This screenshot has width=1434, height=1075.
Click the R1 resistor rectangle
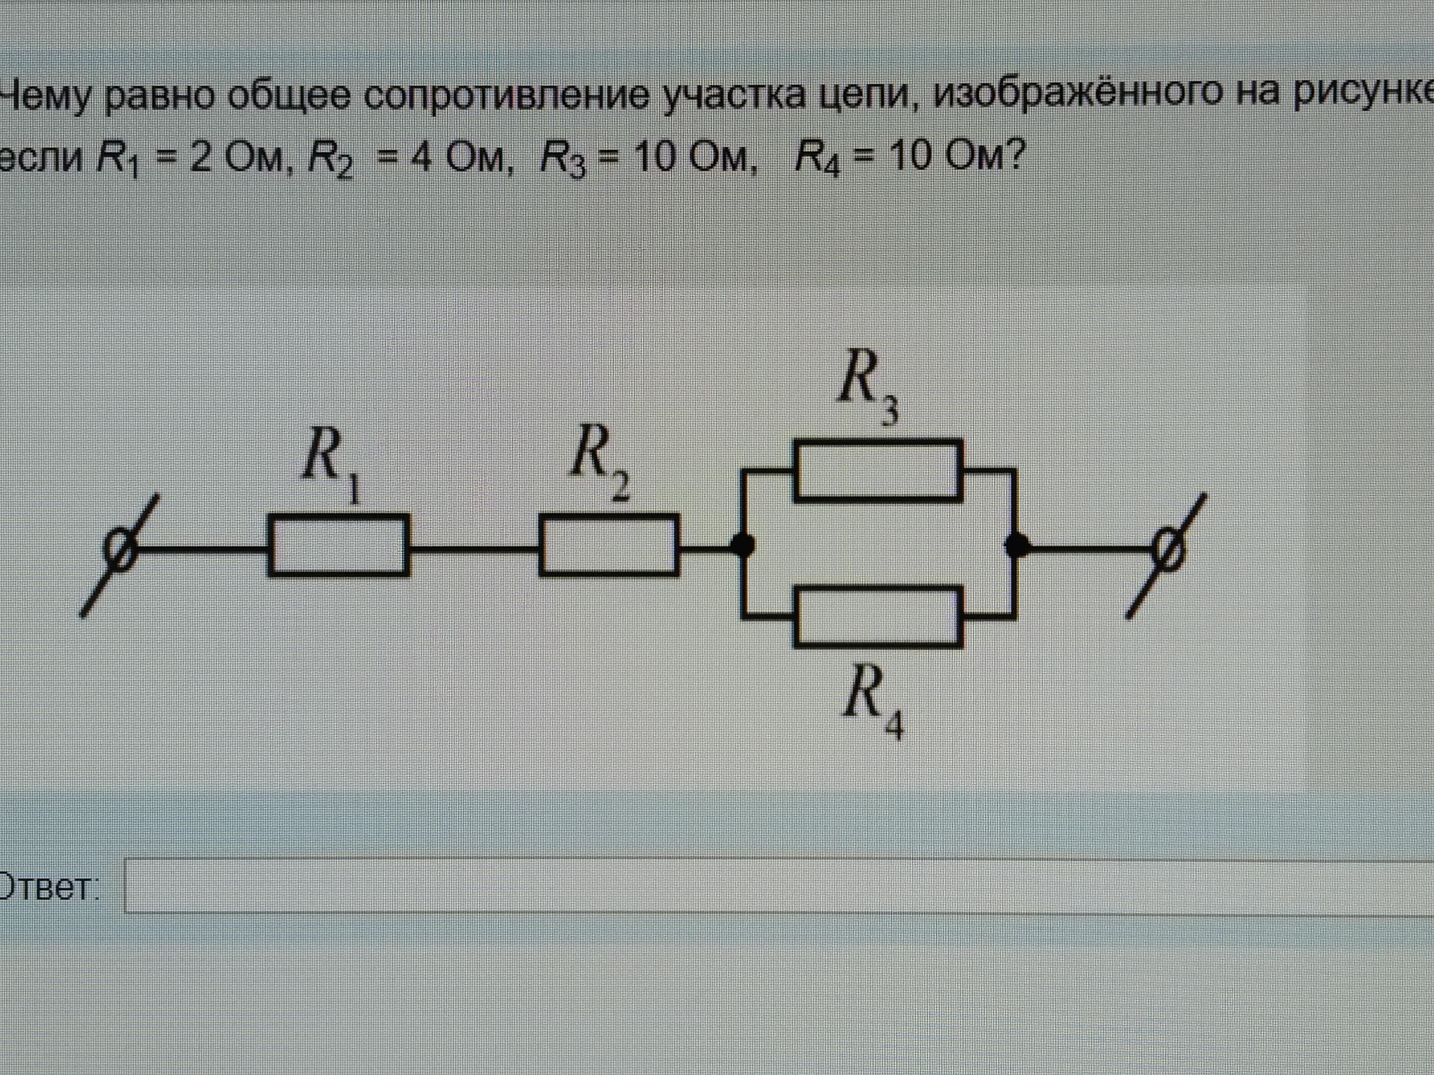338,545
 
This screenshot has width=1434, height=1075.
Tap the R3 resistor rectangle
878,470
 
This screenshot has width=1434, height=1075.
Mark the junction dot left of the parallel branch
743,546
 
